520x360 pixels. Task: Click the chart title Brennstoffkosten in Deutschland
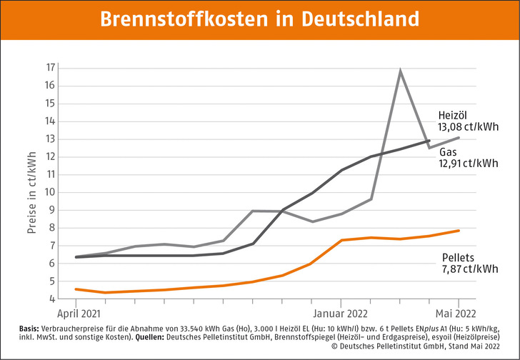[259, 19]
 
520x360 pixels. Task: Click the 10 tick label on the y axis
[51, 192]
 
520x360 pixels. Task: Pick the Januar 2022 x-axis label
[340, 313]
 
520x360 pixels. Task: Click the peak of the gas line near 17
[400, 71]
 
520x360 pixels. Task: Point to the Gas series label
[449, 152]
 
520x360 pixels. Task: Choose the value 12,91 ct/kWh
[469, 164]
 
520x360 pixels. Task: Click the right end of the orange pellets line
[459, 230]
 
